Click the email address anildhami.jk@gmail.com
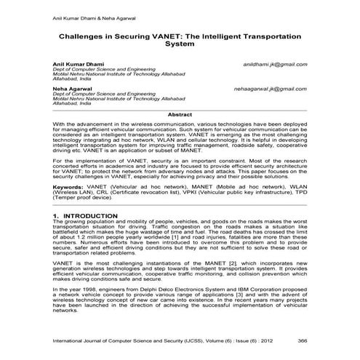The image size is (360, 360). pyautogui.click(x=276, y=64)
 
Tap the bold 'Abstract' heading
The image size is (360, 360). pyautogui.click(x=180, y=115)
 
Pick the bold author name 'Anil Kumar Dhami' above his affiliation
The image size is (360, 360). pyautogui.click(x=76, y=64)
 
